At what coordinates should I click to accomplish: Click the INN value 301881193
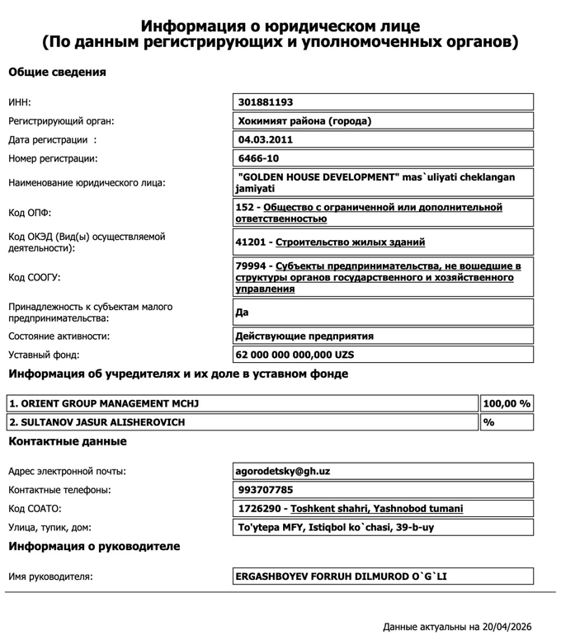(266, 102)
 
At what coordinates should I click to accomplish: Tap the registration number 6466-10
(258, 158)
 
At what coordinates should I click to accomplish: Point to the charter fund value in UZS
(295, 355)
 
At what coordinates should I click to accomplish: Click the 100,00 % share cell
(507, 403)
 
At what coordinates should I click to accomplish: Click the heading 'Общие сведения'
(57, 72)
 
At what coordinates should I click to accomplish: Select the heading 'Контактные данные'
(68, 441)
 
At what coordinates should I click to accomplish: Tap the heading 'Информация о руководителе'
(94, 546)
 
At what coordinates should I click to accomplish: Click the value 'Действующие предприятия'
(305, 336)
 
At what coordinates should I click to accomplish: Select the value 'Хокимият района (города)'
(304, 121)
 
